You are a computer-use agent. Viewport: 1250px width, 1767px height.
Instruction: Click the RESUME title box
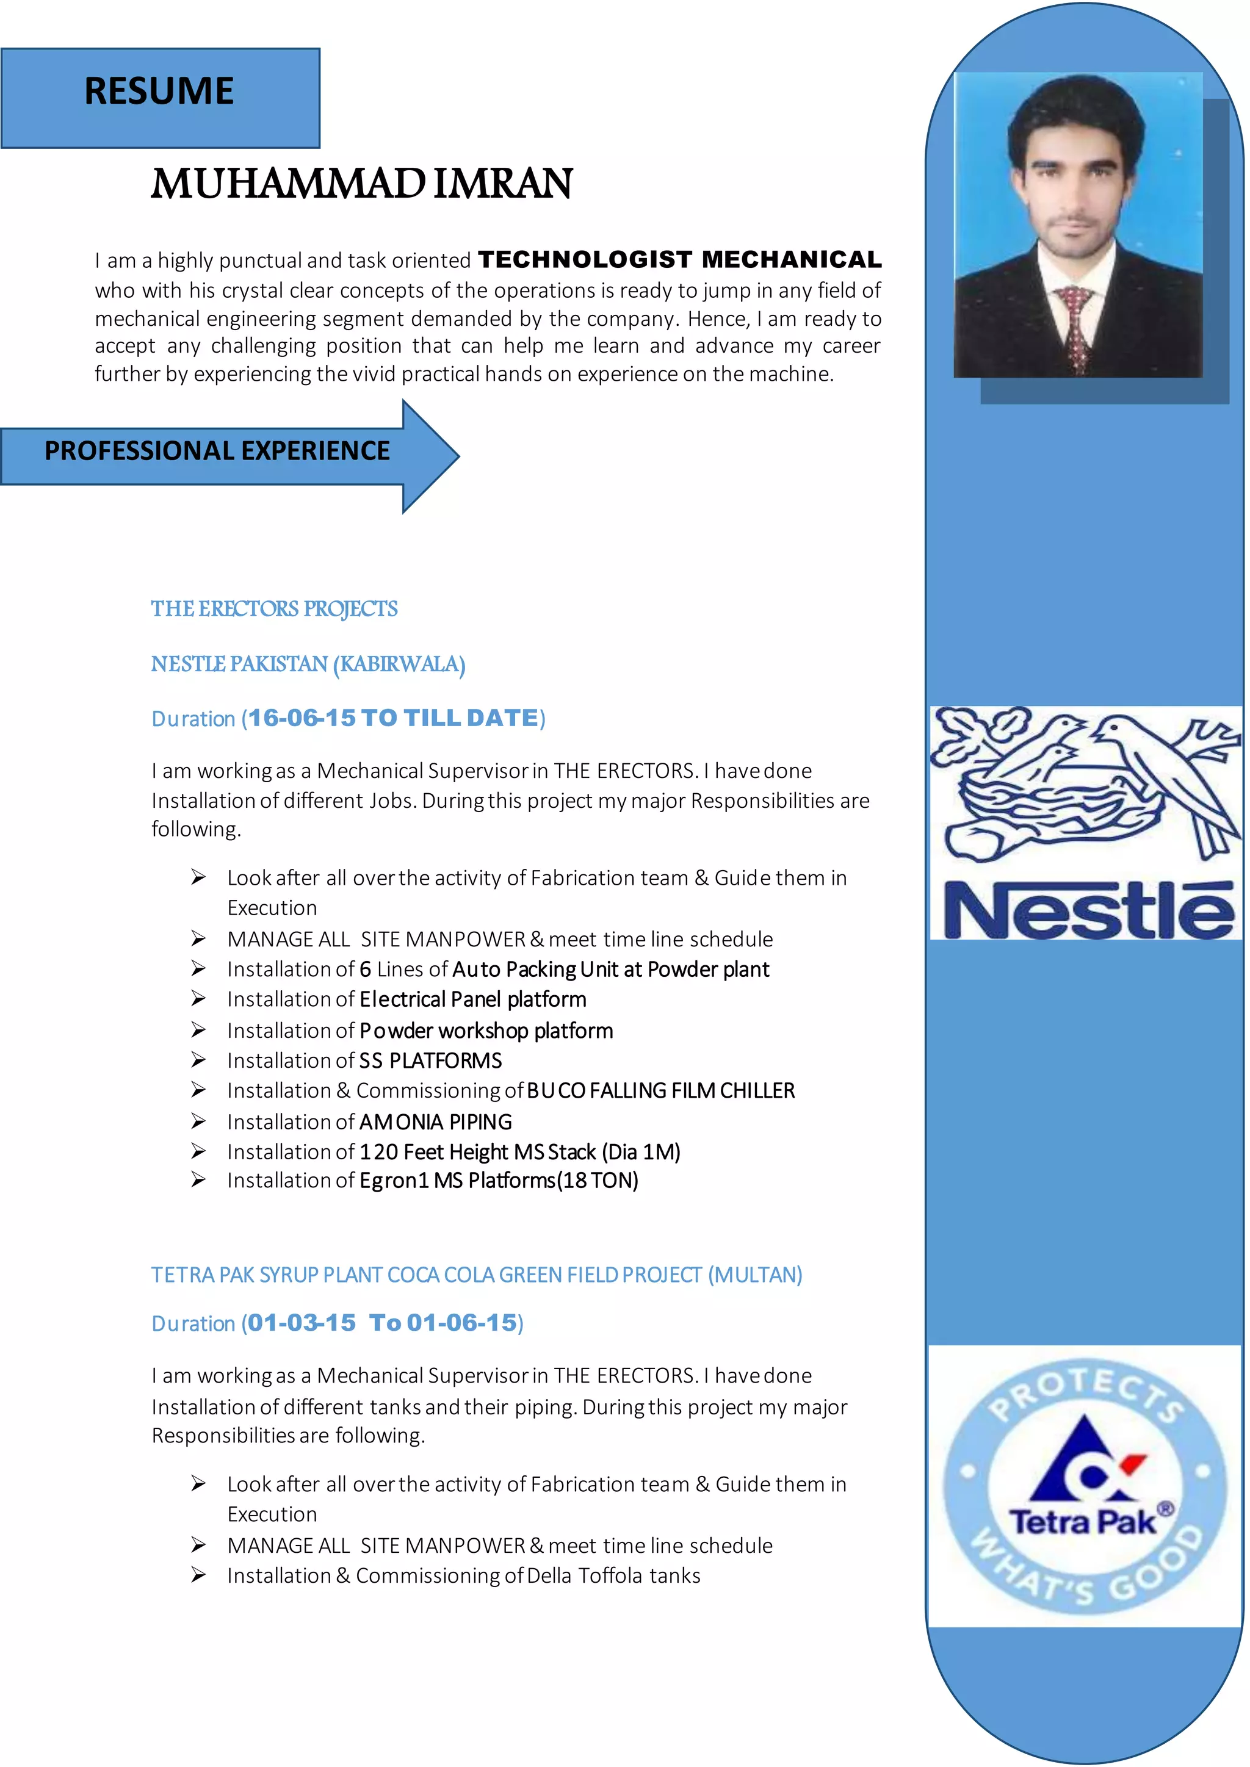[159, 97]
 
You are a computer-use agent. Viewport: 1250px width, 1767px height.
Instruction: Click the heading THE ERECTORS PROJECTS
[274, 609]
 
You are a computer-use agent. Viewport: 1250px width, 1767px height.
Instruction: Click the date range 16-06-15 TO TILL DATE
[392, 718]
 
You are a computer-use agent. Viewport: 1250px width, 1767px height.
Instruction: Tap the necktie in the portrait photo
[1076, 323]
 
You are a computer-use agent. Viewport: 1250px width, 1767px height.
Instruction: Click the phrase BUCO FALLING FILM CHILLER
[660, 1090]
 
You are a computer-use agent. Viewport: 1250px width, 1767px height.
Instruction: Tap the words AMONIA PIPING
[435, 1122]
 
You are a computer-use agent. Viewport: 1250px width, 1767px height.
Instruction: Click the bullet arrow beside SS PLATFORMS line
[198, 1060]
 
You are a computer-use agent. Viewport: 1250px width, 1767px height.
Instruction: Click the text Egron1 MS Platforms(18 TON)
[498, 1181]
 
